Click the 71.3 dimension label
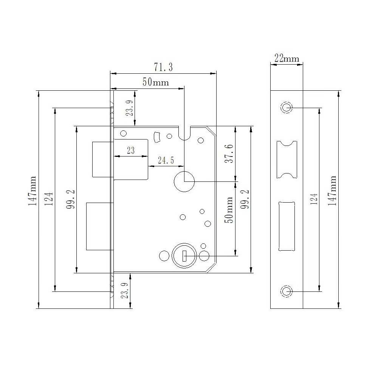[163, 67]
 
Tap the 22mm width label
[287, 58]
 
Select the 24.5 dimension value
[166, 160]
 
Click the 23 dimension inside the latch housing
[131, 150]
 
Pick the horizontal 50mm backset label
[155, 82]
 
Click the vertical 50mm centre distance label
[229, 210]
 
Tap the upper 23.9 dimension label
[130, 108]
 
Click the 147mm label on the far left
[32, 191]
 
